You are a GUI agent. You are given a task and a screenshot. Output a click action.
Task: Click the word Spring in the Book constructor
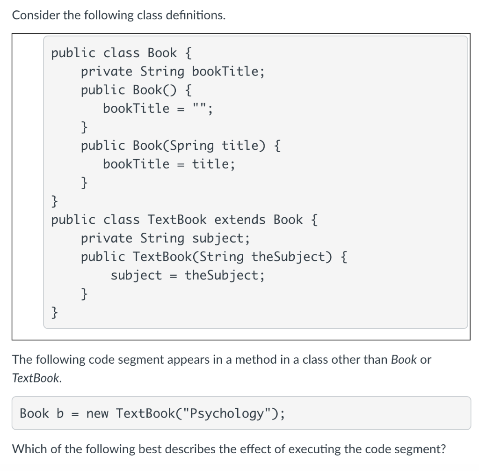coord(191,146)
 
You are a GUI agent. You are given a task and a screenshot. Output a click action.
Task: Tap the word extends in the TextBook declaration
coord(240,220)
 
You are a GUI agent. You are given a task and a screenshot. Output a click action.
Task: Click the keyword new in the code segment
coord(97,413)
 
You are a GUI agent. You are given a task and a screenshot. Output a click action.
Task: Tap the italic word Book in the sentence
coord(403,360)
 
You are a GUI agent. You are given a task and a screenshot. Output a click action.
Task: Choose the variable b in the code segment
coord(60,413)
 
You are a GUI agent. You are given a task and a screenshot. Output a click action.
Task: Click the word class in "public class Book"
coord(121,53)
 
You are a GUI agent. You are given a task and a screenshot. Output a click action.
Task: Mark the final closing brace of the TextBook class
coord(55,311)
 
